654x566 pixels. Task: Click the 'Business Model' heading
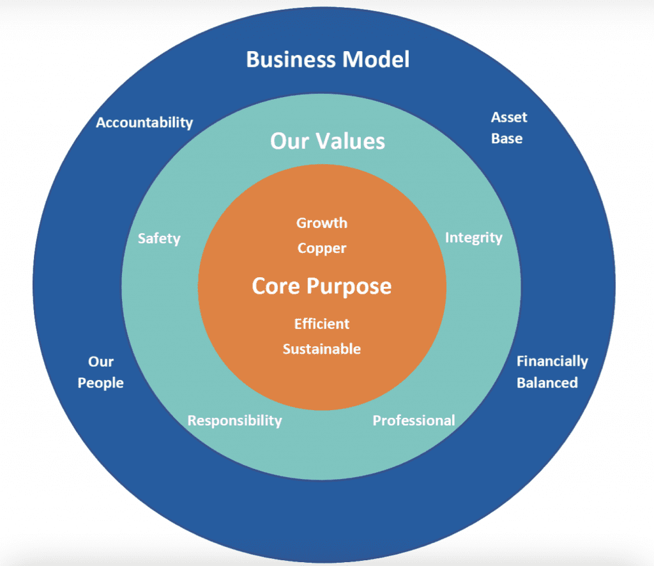tap(328, 60)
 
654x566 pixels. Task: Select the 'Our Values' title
tap(328, 141)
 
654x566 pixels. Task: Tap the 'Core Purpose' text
tap(322, 286)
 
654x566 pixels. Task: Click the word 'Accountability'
tap(144, 123)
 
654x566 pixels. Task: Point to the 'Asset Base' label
tap(508, 128)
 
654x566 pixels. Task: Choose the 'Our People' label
tap(101, 372)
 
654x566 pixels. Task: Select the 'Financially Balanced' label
tap(551, 372)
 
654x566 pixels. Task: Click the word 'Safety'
tap(159, 239)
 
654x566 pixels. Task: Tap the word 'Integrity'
tap(473, 238)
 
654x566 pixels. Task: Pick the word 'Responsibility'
tap(234, 421)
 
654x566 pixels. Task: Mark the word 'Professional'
tap(414, 420)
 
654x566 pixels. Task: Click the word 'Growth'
tap(322, 223)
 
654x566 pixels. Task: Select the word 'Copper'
tap(322, 249)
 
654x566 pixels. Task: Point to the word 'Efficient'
tap(322, 324)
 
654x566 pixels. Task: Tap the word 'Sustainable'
tap(322, 349)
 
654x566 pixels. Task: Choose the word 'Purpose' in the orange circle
tap(353, 286)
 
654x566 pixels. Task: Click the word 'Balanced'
tap(547, 383)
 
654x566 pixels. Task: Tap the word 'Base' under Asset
tap(507, 139)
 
